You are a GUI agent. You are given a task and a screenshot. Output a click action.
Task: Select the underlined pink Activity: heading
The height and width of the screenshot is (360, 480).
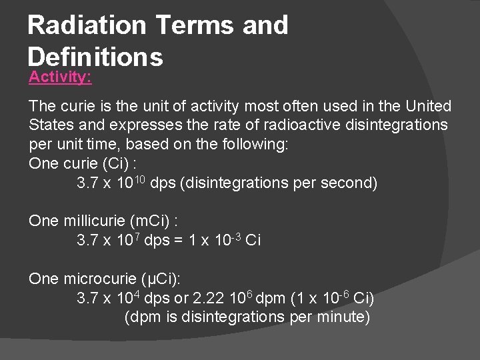60,77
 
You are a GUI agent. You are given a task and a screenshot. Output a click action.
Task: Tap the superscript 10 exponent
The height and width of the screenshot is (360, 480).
139,178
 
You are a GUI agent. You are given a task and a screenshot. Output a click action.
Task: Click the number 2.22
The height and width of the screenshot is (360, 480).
206,297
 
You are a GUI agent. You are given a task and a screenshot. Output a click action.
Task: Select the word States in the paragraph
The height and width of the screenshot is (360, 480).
49,125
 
